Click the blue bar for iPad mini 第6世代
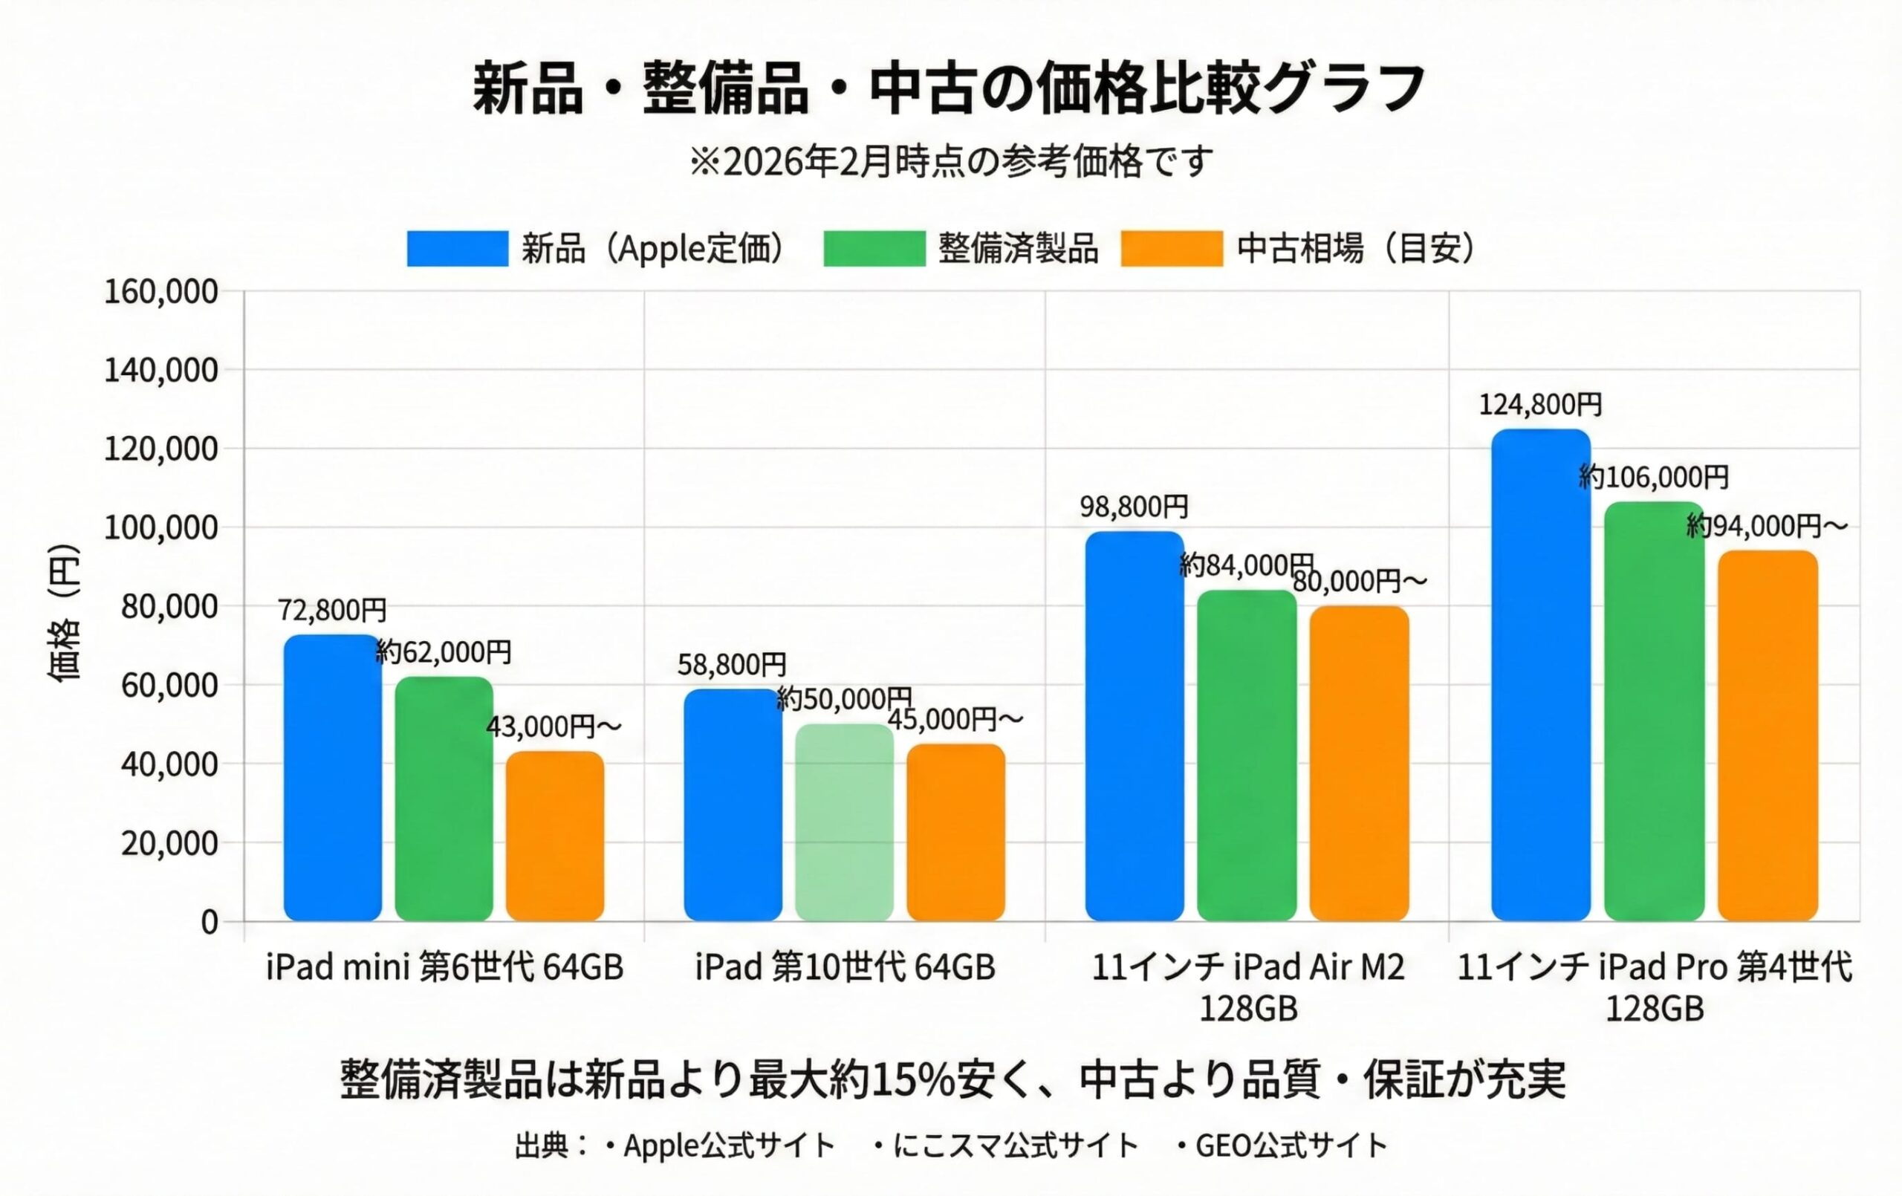point(333,777)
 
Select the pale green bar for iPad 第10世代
point(844,822)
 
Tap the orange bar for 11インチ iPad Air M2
point(1359,763)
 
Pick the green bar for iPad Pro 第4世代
point(1654,711)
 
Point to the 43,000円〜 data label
point(554,726)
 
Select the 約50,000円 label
point(843,698)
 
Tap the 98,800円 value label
point(1135,507)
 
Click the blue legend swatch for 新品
point(458,249)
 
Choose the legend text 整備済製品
point(1018,249)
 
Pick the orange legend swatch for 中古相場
point(1172,249)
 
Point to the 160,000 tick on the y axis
point(161,291)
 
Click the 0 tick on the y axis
point(209,922)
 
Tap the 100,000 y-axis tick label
point(161,527)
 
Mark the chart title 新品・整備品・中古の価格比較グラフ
point(950,88)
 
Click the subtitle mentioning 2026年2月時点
point(950,162)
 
